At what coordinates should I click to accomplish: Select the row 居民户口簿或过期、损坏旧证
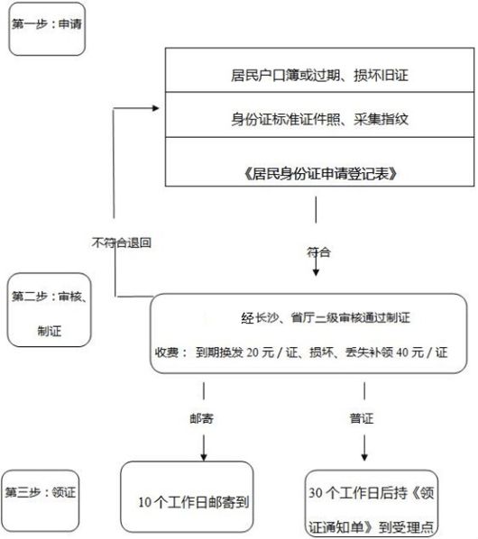pyautogui.click(x=319, y=70)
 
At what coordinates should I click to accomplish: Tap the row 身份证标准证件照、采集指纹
pyautogui.click(x=319, y=114)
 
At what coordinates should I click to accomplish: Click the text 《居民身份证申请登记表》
pyautogui.click(x=320, y=174)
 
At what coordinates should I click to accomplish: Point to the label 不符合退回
pyautogui.click(x=122, y=242)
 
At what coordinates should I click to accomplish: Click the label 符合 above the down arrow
pyautogui.click(x=318, y=252)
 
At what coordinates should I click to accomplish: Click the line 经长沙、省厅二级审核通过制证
pyautogui.click(x=326, y=317)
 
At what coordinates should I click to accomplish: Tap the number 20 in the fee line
pyautogui.click(x=253, y=352)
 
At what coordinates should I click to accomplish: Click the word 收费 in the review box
pyautogui.click(x=167, y=352)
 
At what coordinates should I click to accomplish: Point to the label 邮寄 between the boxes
pyautogui.click(x=201, y=418)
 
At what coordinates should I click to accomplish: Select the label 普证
pyautogui.click(x=362, y=418)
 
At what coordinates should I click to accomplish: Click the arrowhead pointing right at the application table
pyautogui.click(x=156, y=108)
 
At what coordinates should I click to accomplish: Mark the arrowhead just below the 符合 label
pyautogui.click(x=316, y=272)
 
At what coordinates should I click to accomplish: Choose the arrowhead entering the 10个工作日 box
pyautogui.click(x=204, y=457)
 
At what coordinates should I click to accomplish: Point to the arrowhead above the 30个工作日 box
pyautogui.click(x=364, y=457)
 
